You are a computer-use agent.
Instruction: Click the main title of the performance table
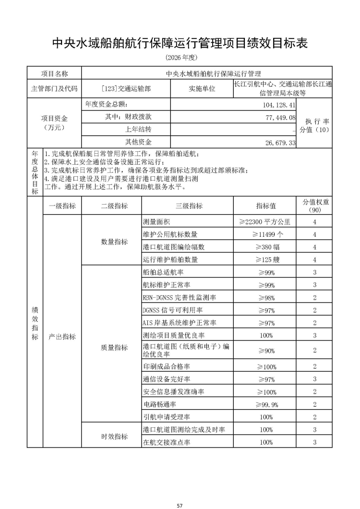[x=180, y=43]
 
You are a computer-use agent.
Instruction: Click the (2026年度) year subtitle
[x=180, y=57]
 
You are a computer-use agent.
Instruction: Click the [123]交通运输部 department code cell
[x=126, y=89]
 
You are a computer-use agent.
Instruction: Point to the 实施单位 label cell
[x=202, y=89]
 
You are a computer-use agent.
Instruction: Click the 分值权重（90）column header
[x=315, y=206]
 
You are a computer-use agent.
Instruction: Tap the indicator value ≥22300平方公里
[x=265, y=222]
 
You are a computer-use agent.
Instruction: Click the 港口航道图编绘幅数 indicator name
[x=173, y=247]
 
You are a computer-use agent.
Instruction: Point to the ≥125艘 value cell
[x=266, y=259]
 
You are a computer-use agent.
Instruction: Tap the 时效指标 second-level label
[x=114, y=436]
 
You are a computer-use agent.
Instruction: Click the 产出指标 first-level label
[x=62, y=337]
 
